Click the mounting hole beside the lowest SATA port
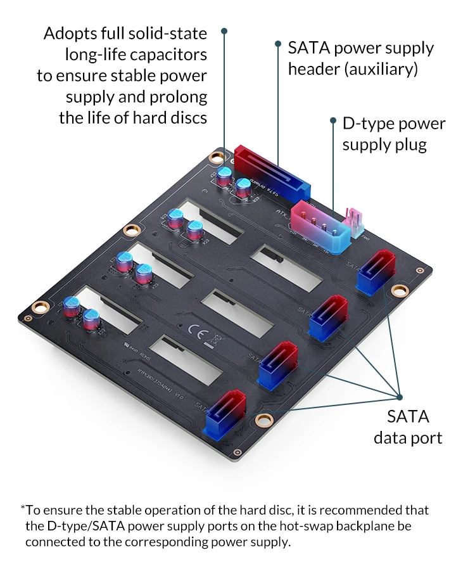(263, 420)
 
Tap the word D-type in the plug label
(367, 123)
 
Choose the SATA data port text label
(408, 427)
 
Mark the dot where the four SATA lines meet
(400, 397)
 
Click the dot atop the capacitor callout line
(224, 30)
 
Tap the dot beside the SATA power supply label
(277, 44)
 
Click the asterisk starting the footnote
(23, 508)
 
